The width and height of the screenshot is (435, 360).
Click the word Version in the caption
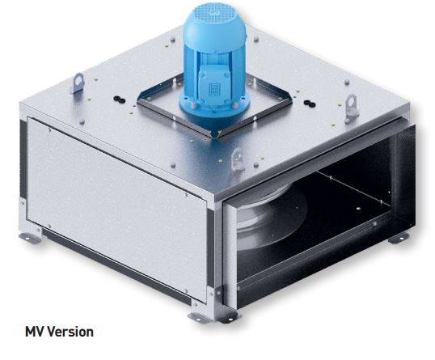coord(71,332)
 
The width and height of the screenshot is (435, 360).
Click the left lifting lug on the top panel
coord(78,83)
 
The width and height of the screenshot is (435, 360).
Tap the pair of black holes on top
coord(119,97)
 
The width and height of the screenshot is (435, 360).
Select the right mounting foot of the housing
coord(397,238)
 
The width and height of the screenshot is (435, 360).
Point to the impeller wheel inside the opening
coord(263,231)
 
